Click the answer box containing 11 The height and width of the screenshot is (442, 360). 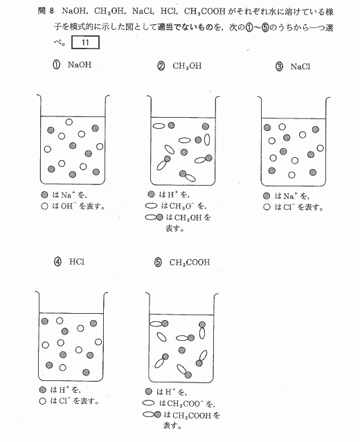click(x=85, y=42)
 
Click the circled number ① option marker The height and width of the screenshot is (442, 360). click(x=56, y=65)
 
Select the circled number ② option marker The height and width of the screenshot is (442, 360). click(x=161, y=67)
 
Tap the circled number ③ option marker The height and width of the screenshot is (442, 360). click(x=279, y=67)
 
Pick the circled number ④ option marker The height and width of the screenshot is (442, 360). click(x=57, y=262)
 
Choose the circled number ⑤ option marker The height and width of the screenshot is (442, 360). click(x=158, y=263)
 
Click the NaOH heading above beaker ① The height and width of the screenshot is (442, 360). click(x=80, y=65)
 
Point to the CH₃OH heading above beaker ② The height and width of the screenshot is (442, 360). click(x=188, y=67)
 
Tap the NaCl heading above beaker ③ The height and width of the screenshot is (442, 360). click(x=300, y=67)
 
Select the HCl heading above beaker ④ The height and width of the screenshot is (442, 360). click(x=77, y=262)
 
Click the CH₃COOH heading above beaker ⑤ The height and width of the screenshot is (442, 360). click(x=190, y=263)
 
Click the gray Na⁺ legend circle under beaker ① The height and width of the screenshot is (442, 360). click(x=44, y=195)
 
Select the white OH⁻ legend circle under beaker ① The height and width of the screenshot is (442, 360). click(x=44, y=206)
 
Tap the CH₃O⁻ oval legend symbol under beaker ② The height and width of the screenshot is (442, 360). click(x=151, y=206)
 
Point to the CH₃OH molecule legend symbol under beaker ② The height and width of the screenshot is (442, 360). click(x=154, y=218)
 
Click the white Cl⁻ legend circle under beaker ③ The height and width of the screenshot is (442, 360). click(x=267, y=207)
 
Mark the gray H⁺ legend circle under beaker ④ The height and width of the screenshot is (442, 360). click(x=42, y=390)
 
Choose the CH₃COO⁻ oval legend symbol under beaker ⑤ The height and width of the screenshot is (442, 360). click(x=148, y=403)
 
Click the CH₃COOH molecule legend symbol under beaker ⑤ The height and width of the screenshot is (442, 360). click(x=152, y=415)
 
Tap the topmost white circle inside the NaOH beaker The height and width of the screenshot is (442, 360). click(x=69, y=122)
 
